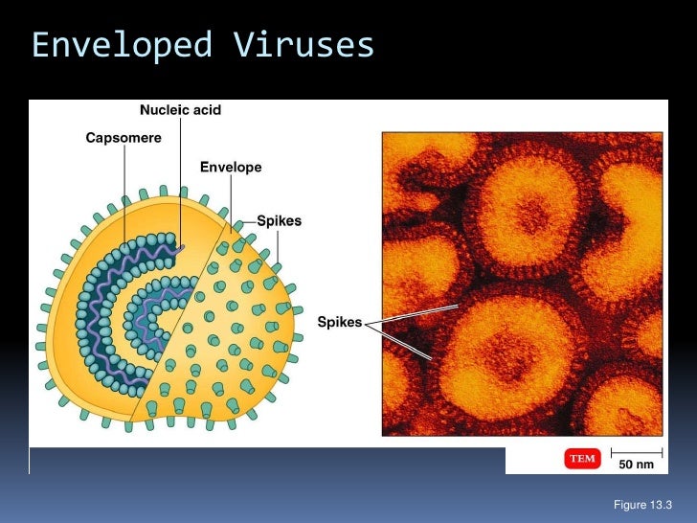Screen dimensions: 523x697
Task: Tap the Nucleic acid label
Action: pyautogui.click(x=180, y=110)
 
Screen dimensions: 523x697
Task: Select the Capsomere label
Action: pyautogui.click(x=124, y=138)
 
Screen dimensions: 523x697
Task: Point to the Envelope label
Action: pyautogui.click(x=230, y=168)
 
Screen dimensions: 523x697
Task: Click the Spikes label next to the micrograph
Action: pyautogui.click(x=340, y=322)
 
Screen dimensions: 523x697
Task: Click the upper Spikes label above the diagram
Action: pyautogui.click(x=279, y=221)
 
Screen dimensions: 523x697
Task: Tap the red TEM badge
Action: pyautogui.click(x=583, y=459)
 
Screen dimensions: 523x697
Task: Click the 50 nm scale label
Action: pyautogui.click(x=636, y=465)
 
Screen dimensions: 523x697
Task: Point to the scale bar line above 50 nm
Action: pyautogui.click(x=636, y=451)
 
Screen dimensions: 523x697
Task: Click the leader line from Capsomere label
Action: pyautogui.click(x=124, y=192)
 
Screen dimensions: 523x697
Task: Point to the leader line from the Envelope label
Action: pyautogui.click(x=231, y=196)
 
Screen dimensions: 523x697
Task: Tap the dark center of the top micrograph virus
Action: pyautogui.click(x=528, y=210)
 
